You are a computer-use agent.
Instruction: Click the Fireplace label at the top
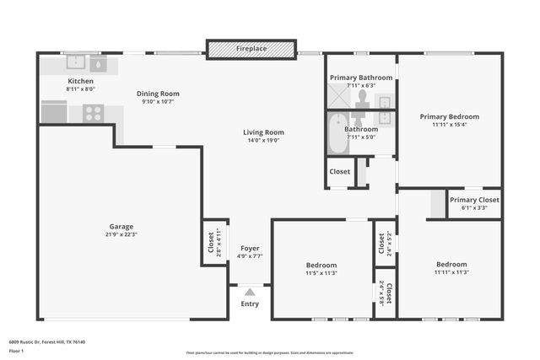click(251, 49)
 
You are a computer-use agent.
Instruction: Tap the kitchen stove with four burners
click(93, 112)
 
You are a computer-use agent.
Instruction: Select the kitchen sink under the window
click(76, 62)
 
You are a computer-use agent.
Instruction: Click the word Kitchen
click(81, 81)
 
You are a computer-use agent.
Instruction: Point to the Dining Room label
click(158, 94)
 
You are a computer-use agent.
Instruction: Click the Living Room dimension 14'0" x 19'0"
click(263, 141)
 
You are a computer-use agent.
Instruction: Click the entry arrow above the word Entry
click(250, 292)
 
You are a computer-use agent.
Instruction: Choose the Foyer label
click(250, 248)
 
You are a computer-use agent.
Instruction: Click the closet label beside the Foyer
click(212, 243)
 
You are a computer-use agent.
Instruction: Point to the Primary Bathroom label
click(361, 78)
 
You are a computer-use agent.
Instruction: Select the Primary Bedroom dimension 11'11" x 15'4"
click(450, 125)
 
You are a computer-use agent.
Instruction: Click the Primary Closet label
click(474, 200)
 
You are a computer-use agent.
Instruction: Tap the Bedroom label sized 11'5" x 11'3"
click(321, 265)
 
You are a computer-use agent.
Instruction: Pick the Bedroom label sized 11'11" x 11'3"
click(451, 264)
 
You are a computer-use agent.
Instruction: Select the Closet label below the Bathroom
click(339, 171)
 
